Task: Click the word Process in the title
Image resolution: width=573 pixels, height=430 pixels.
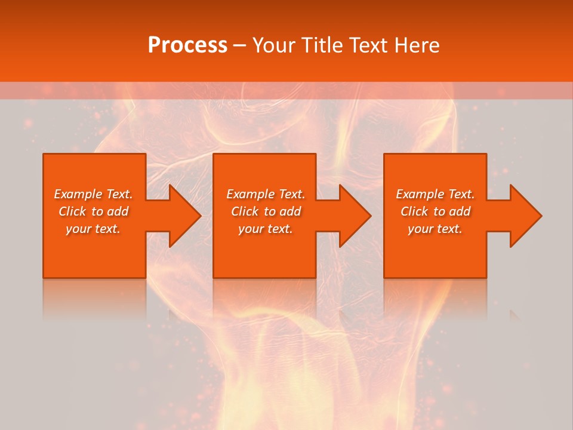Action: coord(187,45)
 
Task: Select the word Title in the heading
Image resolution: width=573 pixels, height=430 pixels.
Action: coord(322,45)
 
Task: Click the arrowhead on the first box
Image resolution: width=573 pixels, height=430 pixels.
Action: coord(182,216)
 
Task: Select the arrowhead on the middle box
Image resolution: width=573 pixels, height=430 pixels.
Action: coord(353,216)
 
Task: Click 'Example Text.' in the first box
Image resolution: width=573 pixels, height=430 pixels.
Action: coord(93,194)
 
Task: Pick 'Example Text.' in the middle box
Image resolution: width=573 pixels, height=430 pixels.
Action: coord(266,194)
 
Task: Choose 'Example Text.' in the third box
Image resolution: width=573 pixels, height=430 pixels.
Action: coord(435,194)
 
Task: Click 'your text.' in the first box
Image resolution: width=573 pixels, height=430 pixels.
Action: coord(93,229)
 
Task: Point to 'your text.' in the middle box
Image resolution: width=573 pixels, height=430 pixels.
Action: coord(266,229)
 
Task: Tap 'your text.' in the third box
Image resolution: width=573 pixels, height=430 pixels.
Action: coord(435,229)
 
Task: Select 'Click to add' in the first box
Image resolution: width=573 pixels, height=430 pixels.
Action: coord(93,211)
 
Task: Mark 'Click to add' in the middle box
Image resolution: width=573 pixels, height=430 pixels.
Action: coord(266,211)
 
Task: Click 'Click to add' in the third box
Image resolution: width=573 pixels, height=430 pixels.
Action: coord(435,211)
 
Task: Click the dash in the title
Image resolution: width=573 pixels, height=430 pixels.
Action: coord(239,46)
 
